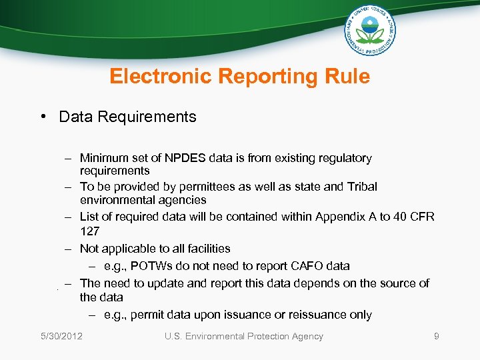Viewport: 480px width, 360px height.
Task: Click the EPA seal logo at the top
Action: coord(370,31)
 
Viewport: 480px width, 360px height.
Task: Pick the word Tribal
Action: coord(361,187)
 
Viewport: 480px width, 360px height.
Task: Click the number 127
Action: coord(89,231)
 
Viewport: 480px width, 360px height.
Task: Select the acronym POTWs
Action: coord(149,266)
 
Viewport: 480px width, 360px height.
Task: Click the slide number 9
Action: coord(437,337)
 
